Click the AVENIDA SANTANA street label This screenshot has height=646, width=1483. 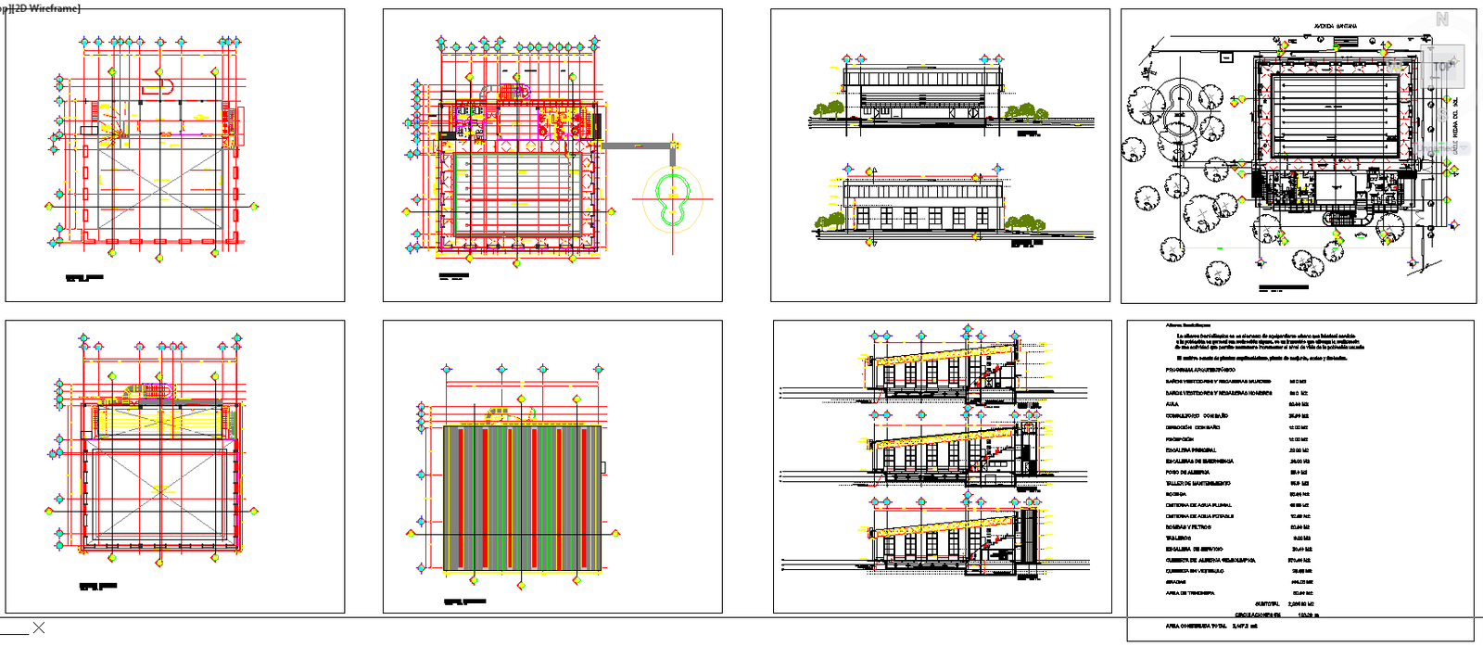tap(1335, 26)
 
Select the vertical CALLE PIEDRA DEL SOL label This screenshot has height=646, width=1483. tap(1454, 126)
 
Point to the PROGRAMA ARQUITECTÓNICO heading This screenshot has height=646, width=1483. tap(1200, 370)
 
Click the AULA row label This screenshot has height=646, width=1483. tap(1172, 404)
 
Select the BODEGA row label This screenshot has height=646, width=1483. tap(1175, 494)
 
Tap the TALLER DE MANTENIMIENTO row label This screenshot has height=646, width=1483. tap(1198, 483)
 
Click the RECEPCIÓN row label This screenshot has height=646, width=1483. tap(1179, 438)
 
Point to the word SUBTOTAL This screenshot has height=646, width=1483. tap(1267, 603)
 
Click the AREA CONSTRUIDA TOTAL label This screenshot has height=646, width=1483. tap(1196, 626)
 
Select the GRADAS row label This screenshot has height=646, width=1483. tap(1175, 581)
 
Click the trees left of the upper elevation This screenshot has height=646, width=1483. tap(829, 109)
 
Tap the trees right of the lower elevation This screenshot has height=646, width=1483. tap(1025, 222)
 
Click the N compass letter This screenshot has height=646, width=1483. tap(1442, 19)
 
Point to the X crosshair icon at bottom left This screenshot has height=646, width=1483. tap(38, 627)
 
